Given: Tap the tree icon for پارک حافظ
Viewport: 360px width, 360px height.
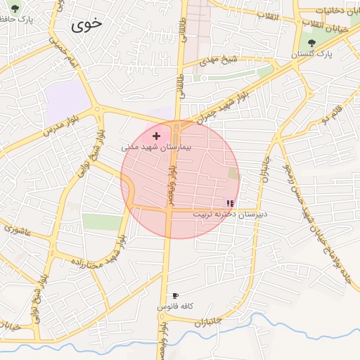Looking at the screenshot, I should (15, 9).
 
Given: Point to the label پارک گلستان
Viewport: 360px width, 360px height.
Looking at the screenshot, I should (314, 54).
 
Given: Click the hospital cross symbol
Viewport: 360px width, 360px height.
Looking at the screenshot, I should (155, 135).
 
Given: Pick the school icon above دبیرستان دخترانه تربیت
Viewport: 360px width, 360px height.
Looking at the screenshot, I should (230, 202).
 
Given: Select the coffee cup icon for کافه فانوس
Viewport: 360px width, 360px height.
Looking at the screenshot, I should (175, 296).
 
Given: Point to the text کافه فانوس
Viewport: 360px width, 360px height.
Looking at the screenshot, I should (175, 307).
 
